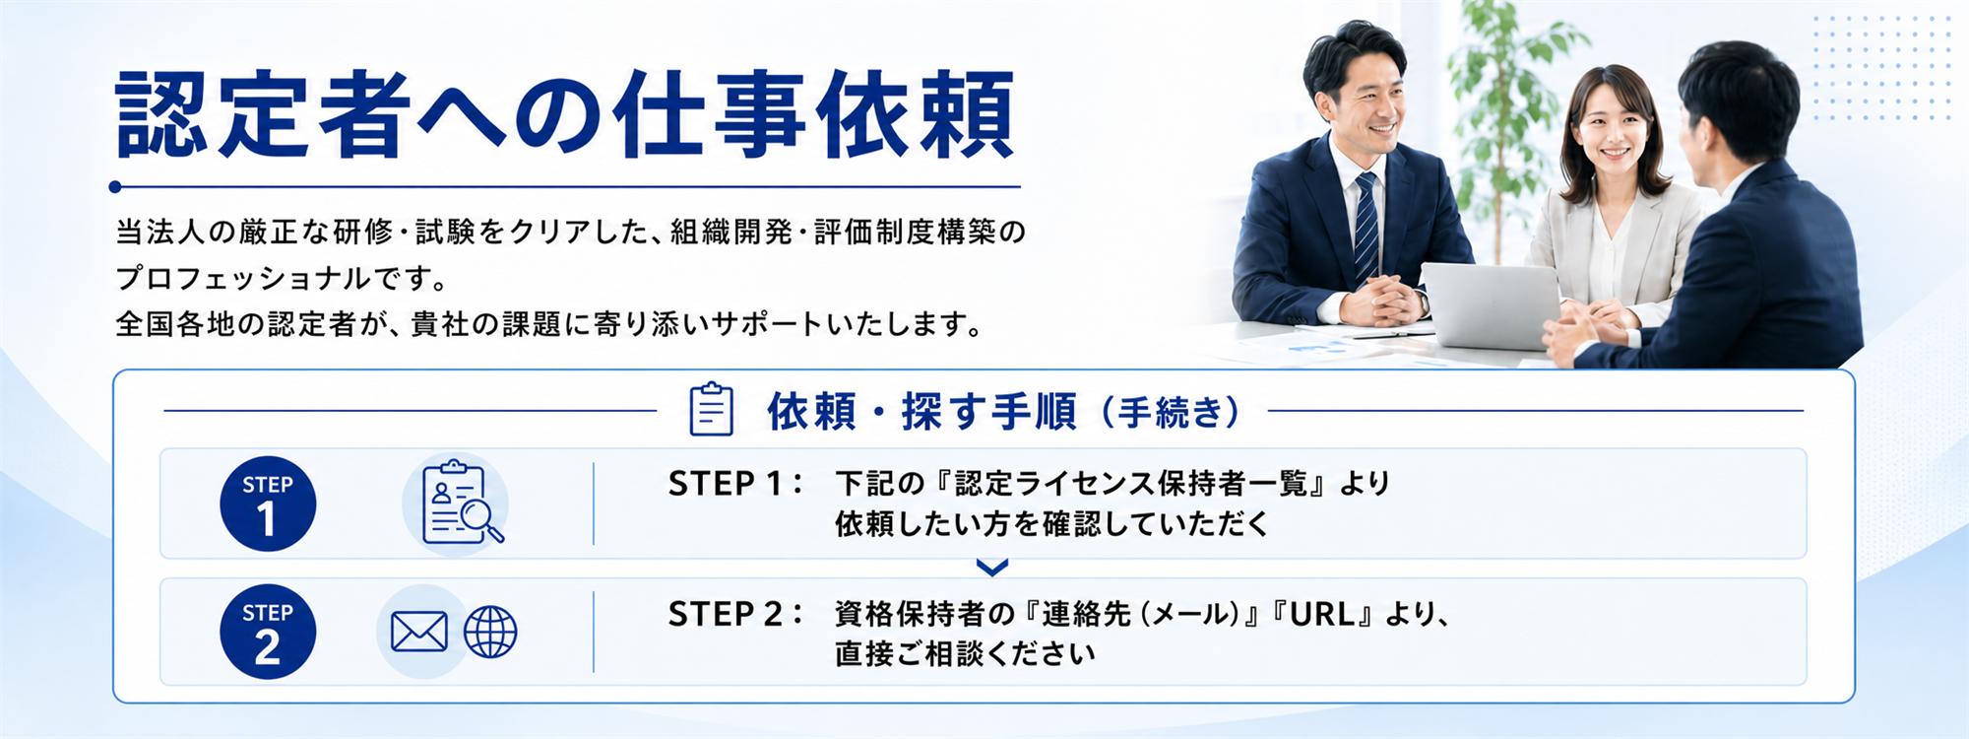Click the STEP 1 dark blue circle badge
(268, 504)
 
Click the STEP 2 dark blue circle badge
(268, 632)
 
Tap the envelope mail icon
(419, 632)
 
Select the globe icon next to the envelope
(490, 632)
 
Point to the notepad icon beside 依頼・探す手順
(711, 409)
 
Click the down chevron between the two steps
(992, 568)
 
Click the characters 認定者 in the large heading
(263, 114)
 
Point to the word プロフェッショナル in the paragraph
(243, 278)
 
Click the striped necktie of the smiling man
(1366, 230)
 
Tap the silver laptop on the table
(1491, 305)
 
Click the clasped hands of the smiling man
(1381, 301)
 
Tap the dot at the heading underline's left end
(115, 186)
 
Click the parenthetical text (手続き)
(1171, 412)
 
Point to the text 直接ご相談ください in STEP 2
(965, 653)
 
